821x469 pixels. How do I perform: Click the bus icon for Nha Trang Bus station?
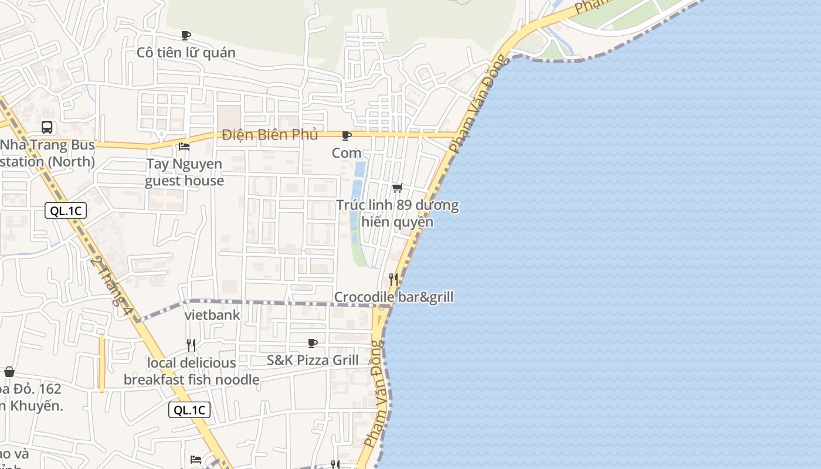(47, 127)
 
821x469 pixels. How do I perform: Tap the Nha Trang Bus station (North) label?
(47, 153)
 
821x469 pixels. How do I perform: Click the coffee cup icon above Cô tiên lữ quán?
(186, 36)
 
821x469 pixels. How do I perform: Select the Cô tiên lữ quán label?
(186, 53)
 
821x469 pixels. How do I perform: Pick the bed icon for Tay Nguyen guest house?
(184, 146)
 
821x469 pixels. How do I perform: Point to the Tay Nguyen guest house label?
(184, 172)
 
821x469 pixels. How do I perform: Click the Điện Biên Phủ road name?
(270, 135)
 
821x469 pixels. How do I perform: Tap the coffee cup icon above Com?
(347, 136)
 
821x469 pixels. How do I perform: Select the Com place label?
(347, 153)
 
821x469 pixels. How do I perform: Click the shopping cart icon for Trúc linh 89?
(398, 188)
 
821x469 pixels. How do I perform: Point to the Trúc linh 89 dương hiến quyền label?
(398, 214)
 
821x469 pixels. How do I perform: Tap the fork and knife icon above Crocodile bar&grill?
(393, 280)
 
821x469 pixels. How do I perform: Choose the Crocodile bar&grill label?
(393, 297)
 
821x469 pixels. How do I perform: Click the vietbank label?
(212, 315)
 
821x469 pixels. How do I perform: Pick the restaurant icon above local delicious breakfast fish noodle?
(191, 345)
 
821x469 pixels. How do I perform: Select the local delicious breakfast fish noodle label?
(191, 371)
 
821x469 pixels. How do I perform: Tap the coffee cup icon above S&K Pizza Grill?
(313, 343)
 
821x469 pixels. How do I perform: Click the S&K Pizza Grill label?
(313, 360)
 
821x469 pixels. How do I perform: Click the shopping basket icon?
(9, 372)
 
